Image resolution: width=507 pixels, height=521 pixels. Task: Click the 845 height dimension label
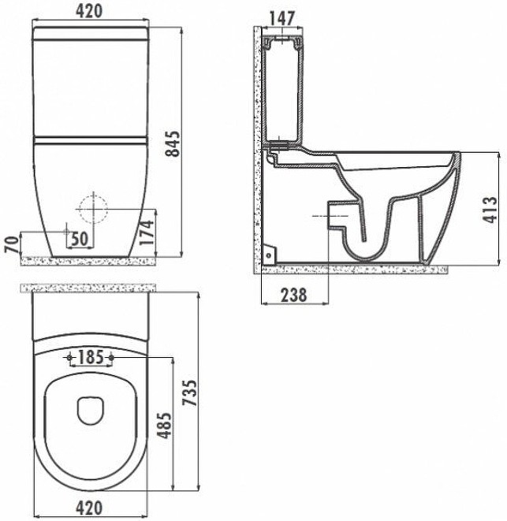click(173, 143)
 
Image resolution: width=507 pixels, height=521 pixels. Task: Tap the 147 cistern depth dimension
click(281, 19)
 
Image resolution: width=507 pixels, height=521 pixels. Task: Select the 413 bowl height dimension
click(490, 210)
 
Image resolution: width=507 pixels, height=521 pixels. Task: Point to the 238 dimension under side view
click(294, 295)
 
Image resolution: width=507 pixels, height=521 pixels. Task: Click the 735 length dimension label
click(191, 393)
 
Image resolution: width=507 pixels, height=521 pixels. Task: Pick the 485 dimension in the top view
click(165, 426)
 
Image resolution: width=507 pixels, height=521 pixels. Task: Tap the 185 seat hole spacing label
click(91, 357)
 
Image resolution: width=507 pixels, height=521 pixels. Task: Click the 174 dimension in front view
click(147, 233)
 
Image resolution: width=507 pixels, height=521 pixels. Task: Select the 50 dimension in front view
click(80, 239)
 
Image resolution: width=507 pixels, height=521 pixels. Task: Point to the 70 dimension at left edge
click(13, 244)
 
